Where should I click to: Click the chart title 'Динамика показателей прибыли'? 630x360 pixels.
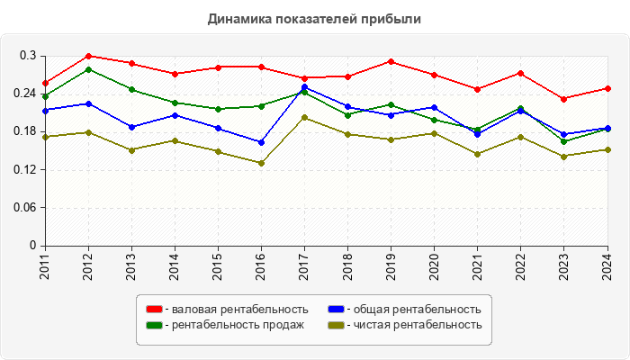tap(314, 18)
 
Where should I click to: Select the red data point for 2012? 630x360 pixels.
tap(88, 56)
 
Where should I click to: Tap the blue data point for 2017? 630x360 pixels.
tap(304, 87)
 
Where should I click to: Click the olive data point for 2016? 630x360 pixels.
tap(261, 163)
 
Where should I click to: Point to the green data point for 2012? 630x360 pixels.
tap(88, 69)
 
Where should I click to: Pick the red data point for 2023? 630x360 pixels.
tap(563, 99)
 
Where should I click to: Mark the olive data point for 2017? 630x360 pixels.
tap(304, 117)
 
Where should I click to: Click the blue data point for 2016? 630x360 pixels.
tap(261, 142)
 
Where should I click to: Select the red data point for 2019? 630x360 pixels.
tap(391, 61)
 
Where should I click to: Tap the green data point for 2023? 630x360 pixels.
tap(563, 141)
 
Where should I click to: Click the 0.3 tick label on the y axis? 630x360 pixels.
tap(27, 56)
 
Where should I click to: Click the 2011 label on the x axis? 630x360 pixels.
tap(45, 266)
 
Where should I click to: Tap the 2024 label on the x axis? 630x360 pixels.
tap(607, 266)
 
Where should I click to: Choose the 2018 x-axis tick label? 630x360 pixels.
tap(347, 266)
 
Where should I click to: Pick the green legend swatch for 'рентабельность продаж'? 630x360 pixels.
tap(155, 325)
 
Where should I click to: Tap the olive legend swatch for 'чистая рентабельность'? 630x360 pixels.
tap(335, 325)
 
